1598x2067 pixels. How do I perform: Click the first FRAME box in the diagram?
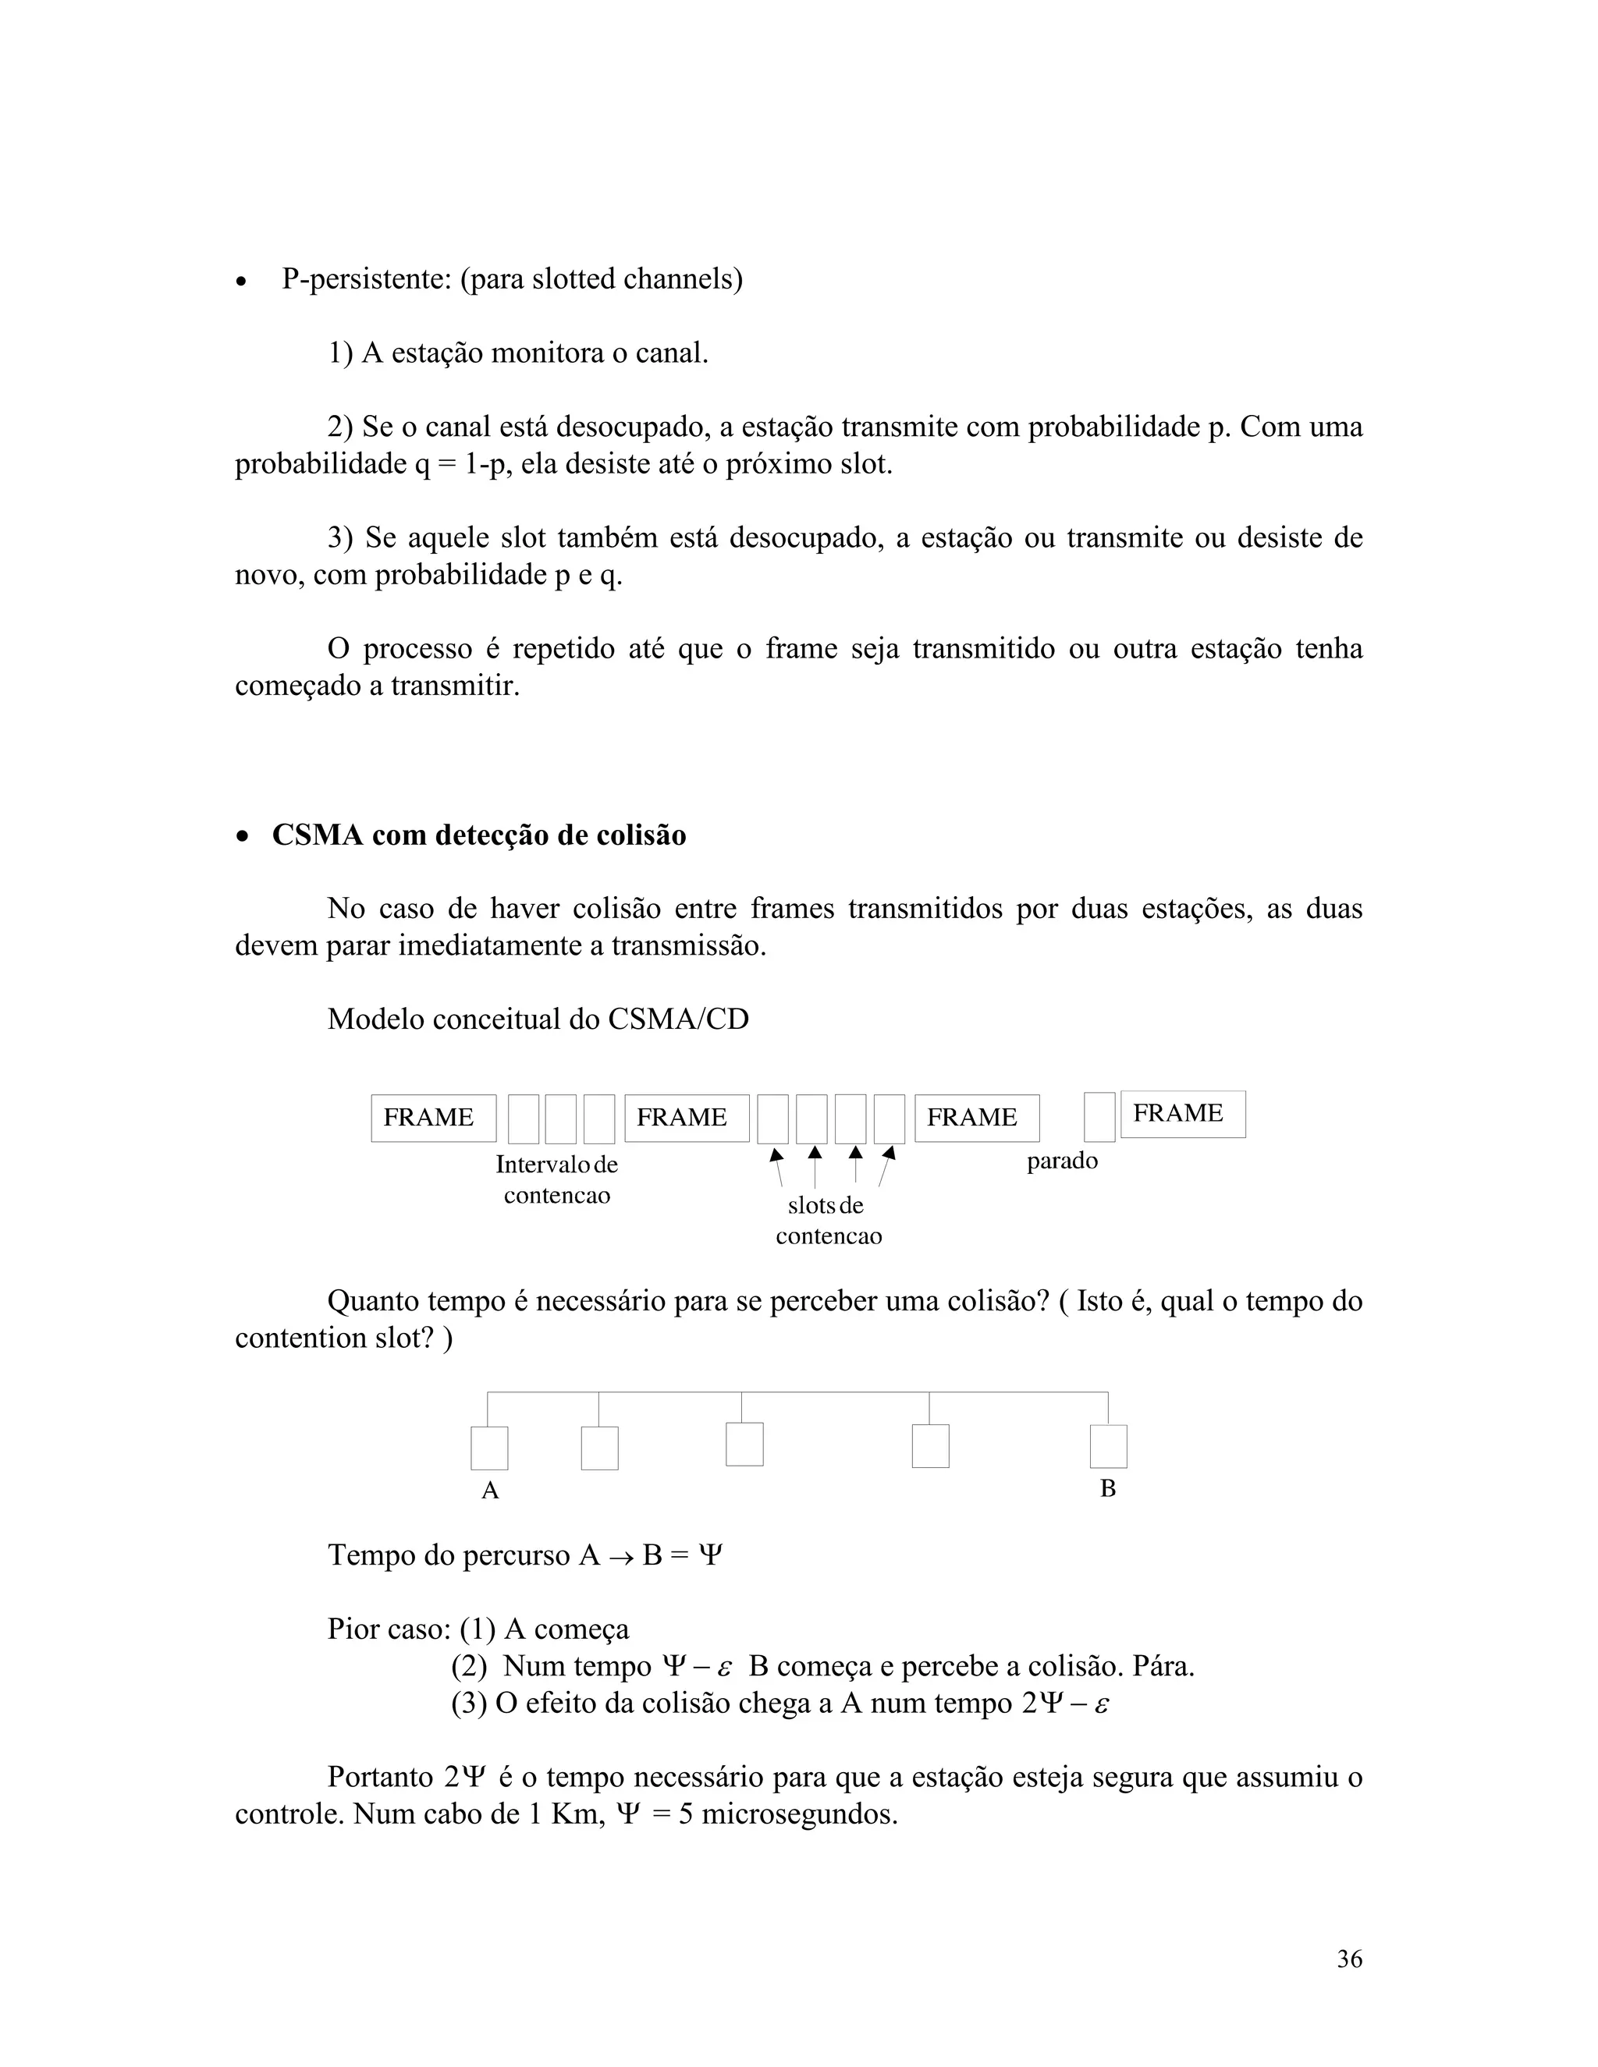pos(432,1118)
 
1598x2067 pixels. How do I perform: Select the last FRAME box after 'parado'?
pos(1182,1114)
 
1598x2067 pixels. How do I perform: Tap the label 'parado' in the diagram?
pos(1062,1161)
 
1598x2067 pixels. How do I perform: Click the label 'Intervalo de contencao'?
pos(556,1179)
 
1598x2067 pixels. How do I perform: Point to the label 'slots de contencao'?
pos(829,1221)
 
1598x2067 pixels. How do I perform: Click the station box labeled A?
pos(489,1448)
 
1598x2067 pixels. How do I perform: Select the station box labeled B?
pos(1108,1446)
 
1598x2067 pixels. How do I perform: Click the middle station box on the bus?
pos(744,1445)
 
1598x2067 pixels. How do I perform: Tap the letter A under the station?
pos(489,1491)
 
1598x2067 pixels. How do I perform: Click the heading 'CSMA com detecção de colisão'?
pos(479,835)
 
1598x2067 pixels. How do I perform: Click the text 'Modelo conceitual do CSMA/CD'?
pos(538,1019)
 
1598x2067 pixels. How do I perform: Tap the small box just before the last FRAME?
pos(1099,1118)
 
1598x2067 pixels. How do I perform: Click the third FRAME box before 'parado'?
pos(976,1118)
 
